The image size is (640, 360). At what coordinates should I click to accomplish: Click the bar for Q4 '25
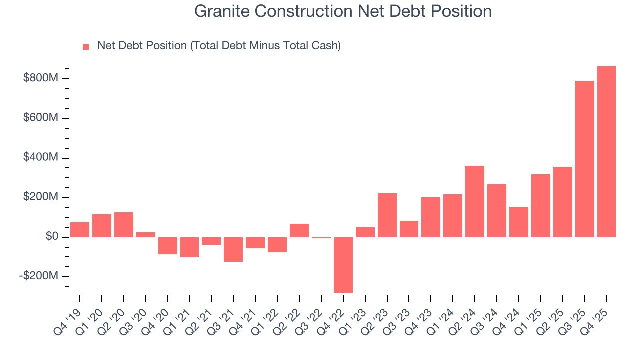coord(606,152)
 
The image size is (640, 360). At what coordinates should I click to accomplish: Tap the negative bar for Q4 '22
coord(343,265)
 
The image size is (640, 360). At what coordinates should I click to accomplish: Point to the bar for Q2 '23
coord(387,215)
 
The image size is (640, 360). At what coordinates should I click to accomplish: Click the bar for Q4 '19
coord(80,230)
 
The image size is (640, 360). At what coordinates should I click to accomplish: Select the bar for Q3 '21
coord(233,249)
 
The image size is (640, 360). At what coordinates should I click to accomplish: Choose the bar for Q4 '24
coord(518,222)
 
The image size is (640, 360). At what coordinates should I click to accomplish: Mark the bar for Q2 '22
coord(299,230)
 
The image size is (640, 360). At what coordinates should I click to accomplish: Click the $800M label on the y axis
coord(41,78)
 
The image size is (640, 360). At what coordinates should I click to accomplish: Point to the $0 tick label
coord(52,237)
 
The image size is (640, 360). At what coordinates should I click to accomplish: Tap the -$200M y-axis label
coord(39,276)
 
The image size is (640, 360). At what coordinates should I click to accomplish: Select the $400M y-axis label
coord(41,158)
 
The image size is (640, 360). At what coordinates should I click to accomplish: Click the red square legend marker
coord(86,46)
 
